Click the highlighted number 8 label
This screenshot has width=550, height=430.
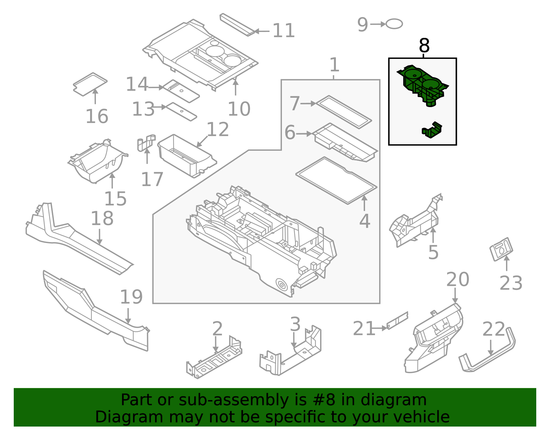click(x=425, y=46)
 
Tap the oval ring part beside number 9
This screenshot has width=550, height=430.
click(x=394, y=24)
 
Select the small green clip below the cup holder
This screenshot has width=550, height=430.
click(x=432, y=130)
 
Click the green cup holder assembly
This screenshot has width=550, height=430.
click(x=422, y=84)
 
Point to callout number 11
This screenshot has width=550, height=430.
click(x=283, y=31)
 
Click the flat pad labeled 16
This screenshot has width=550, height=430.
click(x=90, y=84)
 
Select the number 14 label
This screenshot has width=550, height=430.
click(x=137, y=84)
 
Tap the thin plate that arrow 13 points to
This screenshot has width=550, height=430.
click(x=181, y=111)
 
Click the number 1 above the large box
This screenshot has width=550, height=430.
click(x=334, y=65)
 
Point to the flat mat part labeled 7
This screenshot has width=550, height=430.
click(x=344, y=112)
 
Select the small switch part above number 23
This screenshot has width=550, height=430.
click(x=501, y=249)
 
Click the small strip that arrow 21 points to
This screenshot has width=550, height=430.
click(x=397, y=321)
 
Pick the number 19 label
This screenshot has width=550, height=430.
click(x=131, y=297)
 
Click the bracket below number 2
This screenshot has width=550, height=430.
click(x=214, y=361)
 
